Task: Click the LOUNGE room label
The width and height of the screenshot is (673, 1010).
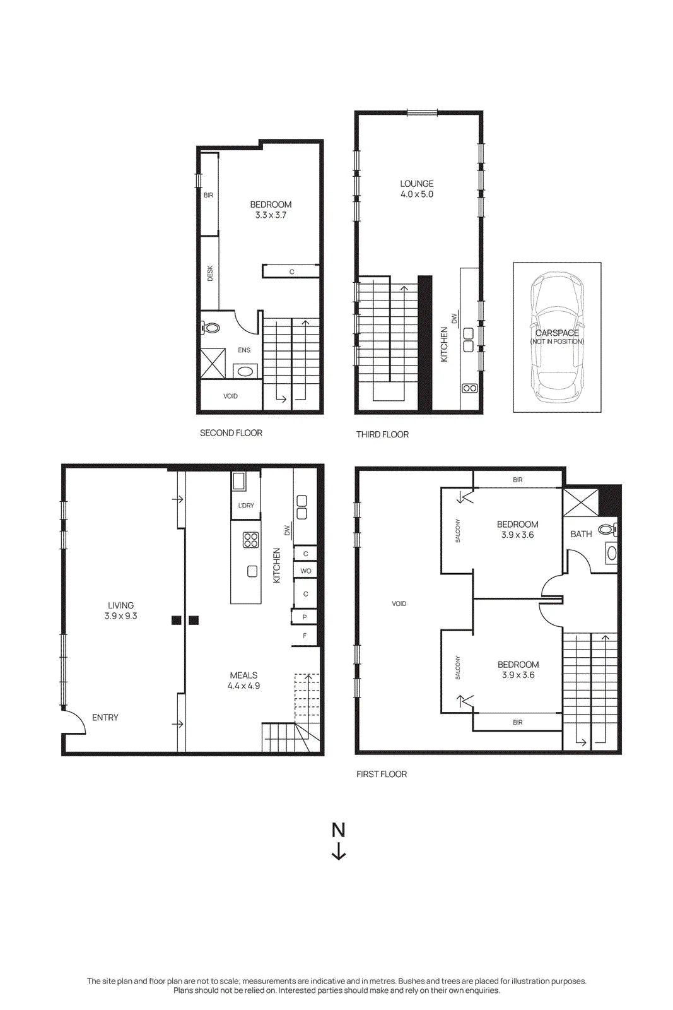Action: pos(417,184)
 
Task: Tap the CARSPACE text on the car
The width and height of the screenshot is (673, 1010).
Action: pos(557,333)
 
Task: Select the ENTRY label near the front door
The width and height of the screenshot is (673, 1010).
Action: pos(105,717)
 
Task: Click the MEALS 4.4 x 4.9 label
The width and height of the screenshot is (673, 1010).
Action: pos(243,680)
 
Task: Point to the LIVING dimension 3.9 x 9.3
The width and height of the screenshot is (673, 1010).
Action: pos(120,616)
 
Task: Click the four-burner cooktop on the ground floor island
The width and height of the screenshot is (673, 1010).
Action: pos(250,540)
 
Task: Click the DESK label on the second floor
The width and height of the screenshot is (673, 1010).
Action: pos(210,273)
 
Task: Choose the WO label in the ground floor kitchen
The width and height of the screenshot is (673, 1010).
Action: pos(306,571)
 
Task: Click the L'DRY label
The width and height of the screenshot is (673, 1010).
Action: pos(246,506)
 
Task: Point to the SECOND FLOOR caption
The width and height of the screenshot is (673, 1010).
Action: pos(231,433)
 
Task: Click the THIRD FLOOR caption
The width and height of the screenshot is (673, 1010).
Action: pos(382,434)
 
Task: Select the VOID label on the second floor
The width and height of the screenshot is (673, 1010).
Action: pos(231,396)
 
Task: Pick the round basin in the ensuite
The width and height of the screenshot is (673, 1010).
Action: pos(245,372)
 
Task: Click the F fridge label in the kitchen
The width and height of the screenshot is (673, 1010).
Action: pos(305,636)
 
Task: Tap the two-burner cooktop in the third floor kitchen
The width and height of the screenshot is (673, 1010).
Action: pos(469,388)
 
